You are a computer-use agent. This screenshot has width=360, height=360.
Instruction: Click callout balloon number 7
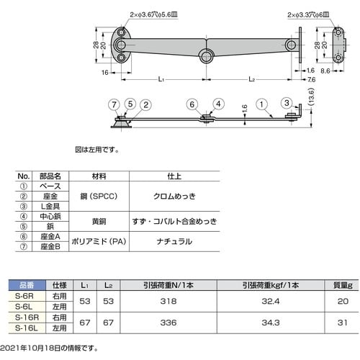[x=114, y=104]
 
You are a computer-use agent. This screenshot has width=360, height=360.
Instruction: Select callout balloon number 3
[x=287, y=103]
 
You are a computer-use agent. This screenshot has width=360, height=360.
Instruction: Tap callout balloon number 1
[x=261, y=104]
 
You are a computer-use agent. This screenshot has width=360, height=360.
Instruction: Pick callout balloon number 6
[x=192, y=104]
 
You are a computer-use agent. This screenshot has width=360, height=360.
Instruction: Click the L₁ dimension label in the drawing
[x=161, y=79]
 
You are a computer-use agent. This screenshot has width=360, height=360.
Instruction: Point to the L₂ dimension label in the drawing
[x=251, y=79]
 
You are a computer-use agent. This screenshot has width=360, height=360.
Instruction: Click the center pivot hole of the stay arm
[x=206, y=57]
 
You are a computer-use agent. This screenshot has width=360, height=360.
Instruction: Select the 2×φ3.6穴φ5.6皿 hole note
[x=153, y=14]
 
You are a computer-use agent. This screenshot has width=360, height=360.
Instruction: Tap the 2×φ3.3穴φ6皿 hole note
[x=308, y=15]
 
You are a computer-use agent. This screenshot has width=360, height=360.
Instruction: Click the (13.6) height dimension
[x=311, y=97]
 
